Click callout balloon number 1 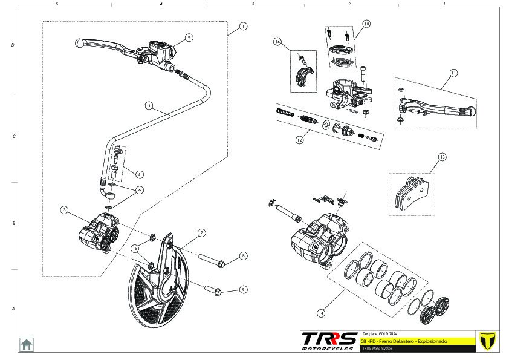(x=242, y=26)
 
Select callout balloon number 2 (x=189, y=38)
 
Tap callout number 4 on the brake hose (x=149, y=105)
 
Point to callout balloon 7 (x=201, y=232)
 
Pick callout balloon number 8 (x=242, y=256)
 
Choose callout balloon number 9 (x=242, y=289)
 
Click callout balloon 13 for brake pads (x=442, y=157)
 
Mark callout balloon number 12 (x=299, y=140)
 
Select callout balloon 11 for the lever (x=453, y=73)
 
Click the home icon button (x=27, y=344)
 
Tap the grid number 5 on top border (x=56, y=4)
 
